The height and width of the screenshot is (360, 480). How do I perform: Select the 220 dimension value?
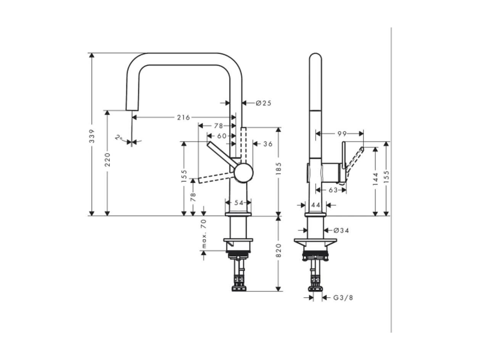[x=107, y=159]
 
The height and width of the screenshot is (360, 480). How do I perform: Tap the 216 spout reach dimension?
[x=183, y=118]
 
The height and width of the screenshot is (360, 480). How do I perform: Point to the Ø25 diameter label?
[x=263, y=103]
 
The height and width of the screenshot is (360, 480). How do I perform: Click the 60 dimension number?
[x=222, y=136]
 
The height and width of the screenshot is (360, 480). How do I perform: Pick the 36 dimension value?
[x=268, y=144]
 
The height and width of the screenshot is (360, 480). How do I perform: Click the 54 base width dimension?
[x=238, y=203]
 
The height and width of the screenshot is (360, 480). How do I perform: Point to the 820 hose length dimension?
[x=279, y=250]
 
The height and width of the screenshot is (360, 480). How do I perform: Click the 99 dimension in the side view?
[x=342, y=134]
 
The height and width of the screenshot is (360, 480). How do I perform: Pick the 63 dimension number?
[x=333, y=190]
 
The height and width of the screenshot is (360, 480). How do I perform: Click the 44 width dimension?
[x=316, y=205]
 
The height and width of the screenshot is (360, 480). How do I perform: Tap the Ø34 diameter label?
[x=341, y=230]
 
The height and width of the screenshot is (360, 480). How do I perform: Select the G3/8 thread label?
[x=343, y=298]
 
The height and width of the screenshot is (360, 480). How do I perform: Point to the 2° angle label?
[x=119, y=138]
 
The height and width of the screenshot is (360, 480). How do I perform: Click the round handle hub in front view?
[x=243, y=173]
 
